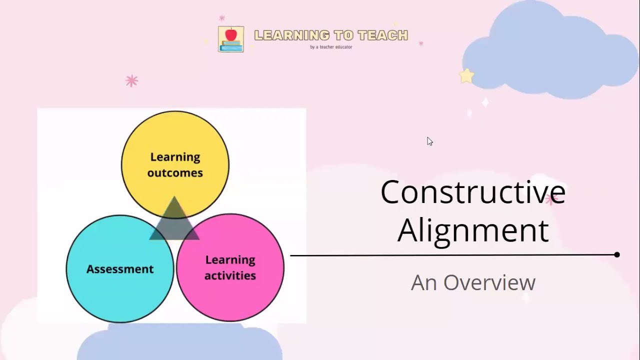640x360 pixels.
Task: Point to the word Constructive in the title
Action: (472, 192)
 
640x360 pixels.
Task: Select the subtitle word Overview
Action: (489, 282)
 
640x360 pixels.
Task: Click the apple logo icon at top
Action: (231, 39)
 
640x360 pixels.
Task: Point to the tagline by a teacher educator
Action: (331, 47)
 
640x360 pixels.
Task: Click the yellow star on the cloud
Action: (466, 76)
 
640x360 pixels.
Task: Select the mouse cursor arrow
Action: (429, 141)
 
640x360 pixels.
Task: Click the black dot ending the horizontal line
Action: (617, 254)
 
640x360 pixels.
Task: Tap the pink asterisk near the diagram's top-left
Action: (131, 81)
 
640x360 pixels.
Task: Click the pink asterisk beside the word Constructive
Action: (551, 199)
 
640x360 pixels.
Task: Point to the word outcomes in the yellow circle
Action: (175, 173)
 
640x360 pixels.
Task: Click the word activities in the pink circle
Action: (230, 275)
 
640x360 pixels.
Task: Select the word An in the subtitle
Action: (423, 282)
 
